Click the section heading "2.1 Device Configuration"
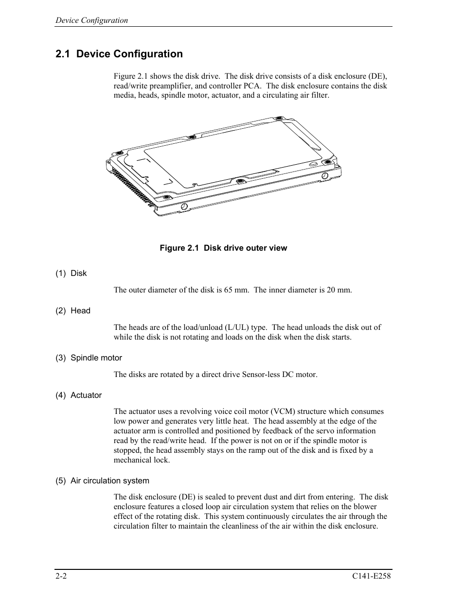119,54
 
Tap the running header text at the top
91,20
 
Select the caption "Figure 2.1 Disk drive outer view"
223,248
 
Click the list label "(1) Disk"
71,273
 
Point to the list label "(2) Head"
73,310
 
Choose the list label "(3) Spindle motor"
89,358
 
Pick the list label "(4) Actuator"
78,395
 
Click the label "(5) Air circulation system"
102,480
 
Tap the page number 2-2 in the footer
61,576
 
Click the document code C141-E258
372,576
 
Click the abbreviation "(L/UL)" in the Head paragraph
235,327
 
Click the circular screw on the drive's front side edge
184,207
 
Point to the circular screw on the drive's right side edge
324,175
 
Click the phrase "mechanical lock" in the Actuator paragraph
141,460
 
